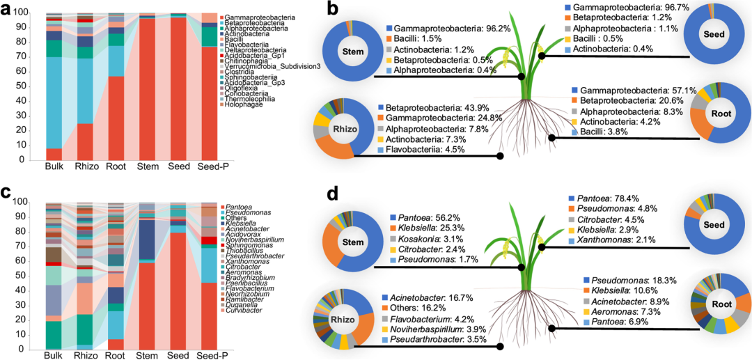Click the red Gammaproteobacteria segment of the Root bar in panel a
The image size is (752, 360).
pos(116,118)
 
